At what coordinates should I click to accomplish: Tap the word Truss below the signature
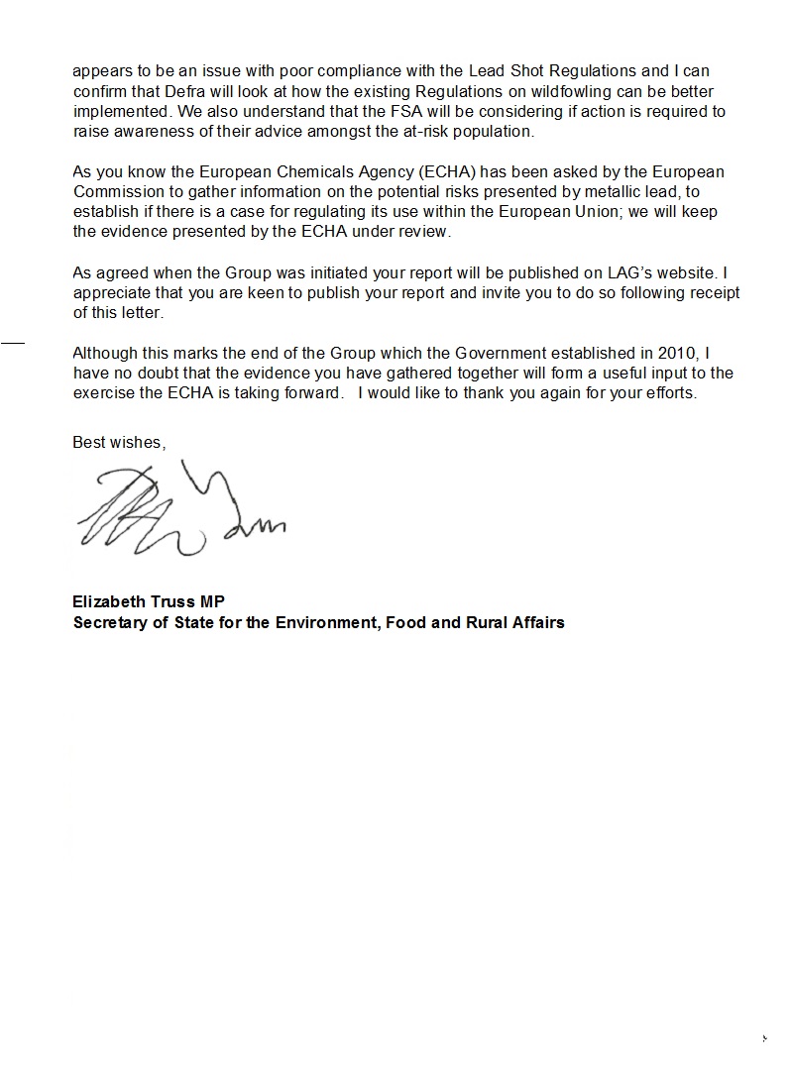point(173,602)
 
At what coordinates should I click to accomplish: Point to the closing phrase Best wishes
point(119,443)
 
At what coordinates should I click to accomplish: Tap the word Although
point(107,353)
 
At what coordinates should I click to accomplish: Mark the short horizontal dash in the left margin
point(12,342)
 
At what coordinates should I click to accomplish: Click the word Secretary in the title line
point(109,623)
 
